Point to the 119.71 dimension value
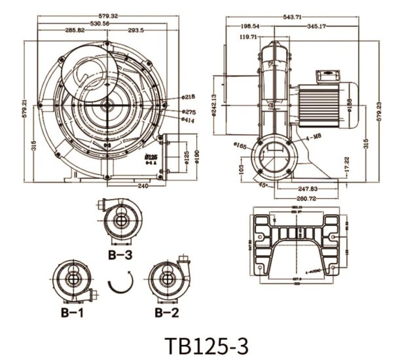tap(247, 37)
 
